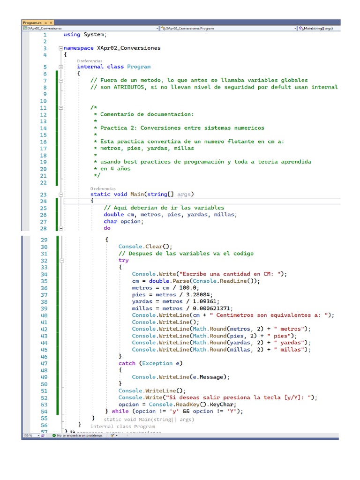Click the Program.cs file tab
(x=32, y=22)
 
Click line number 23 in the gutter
(x=44, y=194)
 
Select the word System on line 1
(x=94, y=34)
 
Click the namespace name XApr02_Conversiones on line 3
(x=128, y=48)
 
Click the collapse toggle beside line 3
(x=60, y=48)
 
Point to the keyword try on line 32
(x=123, y=260)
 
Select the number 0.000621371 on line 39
(x=210, y=308)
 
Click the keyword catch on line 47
(x=127, y=363)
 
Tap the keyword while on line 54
(x=120, y=411)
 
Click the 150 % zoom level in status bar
(x=28, y=435)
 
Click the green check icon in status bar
(x=54, y=435)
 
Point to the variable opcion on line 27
(x=130, y=221)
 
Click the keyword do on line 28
(x=107, y=228)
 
